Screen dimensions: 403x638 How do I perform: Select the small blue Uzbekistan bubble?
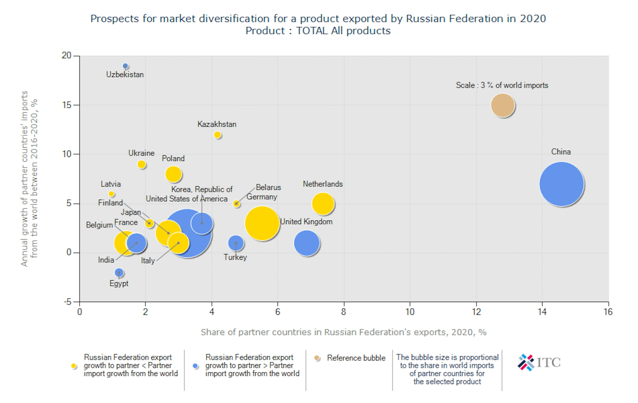tap(125, 66)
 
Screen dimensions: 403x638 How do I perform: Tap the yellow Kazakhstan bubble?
tap(217, 135)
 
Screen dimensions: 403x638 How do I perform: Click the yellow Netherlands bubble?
tap(323, 203)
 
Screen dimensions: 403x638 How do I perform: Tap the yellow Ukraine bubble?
tap(142, 165)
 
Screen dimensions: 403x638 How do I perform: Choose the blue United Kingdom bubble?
tap(307, 243)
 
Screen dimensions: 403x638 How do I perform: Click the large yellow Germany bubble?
tap(262, 223)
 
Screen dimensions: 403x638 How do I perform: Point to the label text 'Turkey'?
tap(235, 257)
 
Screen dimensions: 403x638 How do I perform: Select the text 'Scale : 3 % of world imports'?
tap(502, 85)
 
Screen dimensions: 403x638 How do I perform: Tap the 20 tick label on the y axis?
tap(66, 56)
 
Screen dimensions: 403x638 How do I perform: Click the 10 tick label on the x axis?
tap(410, 312)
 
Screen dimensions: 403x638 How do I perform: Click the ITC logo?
tap(539, 362)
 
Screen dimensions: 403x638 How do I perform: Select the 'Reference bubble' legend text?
tap(356, 358)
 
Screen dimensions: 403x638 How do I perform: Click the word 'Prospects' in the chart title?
tap(114, 19)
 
